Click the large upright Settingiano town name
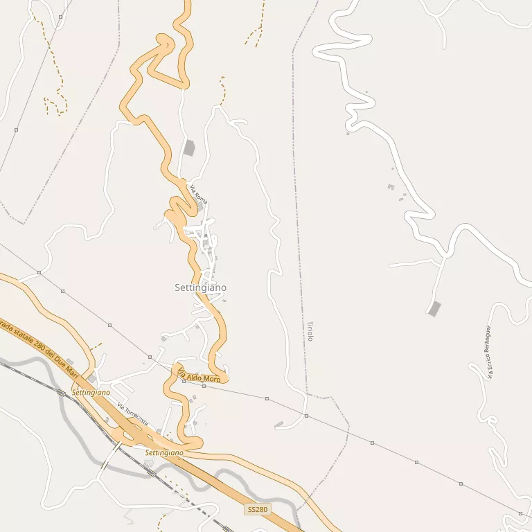coord(200,287)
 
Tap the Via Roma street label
coord(199,192)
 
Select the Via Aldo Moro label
coord(199,378)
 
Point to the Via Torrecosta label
coord(132,414)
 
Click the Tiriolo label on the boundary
coord(310,331)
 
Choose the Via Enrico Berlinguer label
coord(489,352)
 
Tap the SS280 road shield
coord(256,509)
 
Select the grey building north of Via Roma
coord(189,148)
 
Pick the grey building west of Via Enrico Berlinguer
coord(434,309)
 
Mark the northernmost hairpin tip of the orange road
coord(165,37)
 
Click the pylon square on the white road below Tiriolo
coord(306,416)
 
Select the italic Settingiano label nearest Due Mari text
coord(91,392)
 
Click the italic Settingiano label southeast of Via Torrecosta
coord(164,452)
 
